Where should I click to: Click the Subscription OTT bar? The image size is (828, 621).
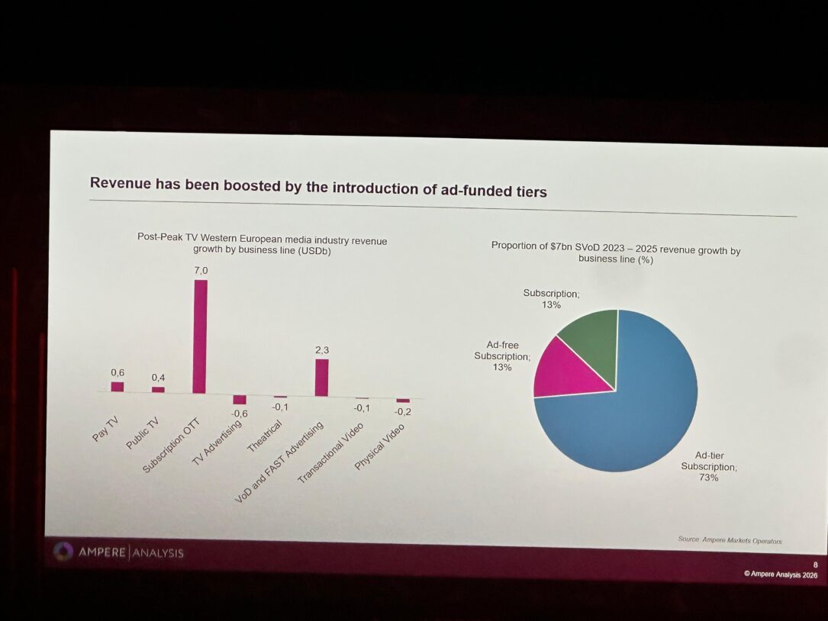(x=200, y=336)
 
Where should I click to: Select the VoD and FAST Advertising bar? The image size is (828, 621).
(x=321, y=378)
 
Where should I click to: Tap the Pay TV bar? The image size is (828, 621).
(x=118, y=387)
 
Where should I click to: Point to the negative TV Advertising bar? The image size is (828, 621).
(x=240, y=399)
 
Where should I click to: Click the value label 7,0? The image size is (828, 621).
(x=200, y=271)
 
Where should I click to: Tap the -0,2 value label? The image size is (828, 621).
(x=403, y=412)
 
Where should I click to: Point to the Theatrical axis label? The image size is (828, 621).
(x=265, y=436)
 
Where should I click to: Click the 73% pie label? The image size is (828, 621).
(x=708, y=478)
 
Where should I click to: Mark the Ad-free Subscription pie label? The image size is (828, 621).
(x=501, y=356)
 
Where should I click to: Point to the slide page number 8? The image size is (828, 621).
(x=814, y=565)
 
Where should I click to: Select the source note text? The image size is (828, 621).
(x=730, y=540)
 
